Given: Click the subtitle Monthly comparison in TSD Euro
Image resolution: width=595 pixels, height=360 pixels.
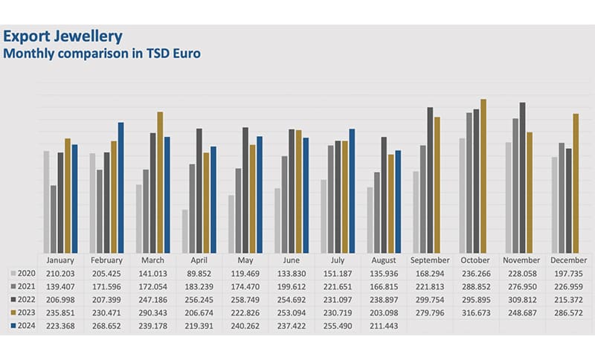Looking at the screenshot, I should (x=103, y=53).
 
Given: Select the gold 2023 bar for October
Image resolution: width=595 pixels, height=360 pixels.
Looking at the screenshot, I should (x=483, y=176).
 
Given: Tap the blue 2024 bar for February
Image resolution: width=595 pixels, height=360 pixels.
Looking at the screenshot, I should (x=121, y=188).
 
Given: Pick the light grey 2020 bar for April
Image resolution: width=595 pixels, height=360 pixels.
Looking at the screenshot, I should (x=184, y=231).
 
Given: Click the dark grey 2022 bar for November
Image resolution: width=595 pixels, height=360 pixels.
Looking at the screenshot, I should (x=523, y=178).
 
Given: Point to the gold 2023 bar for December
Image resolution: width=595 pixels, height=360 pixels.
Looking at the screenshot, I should (x=576, y=184).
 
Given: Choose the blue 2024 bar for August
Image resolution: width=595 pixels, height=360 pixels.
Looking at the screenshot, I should (x=398, y=202).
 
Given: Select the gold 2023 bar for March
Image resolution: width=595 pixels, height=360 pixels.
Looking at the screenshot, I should (x=160, y=182).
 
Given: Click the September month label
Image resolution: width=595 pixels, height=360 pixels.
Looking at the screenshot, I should (x=430, y=260).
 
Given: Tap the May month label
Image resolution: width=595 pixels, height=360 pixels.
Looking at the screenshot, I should (x=245, y=260).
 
